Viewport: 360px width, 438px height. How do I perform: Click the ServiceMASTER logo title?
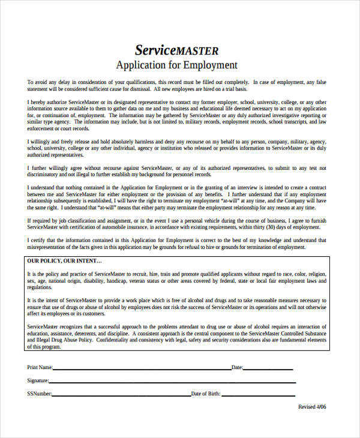176,50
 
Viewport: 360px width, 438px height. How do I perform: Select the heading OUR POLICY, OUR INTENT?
64,262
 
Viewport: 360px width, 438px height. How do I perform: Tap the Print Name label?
40,367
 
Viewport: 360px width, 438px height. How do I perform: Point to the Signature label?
37,380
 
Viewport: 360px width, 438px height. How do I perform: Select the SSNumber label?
39,394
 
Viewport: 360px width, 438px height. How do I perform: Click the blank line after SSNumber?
121,395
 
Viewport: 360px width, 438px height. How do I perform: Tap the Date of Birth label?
206,394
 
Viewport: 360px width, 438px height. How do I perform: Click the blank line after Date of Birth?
258,395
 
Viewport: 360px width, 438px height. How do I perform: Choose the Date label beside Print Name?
237,367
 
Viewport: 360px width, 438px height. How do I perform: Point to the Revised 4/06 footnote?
313,407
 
